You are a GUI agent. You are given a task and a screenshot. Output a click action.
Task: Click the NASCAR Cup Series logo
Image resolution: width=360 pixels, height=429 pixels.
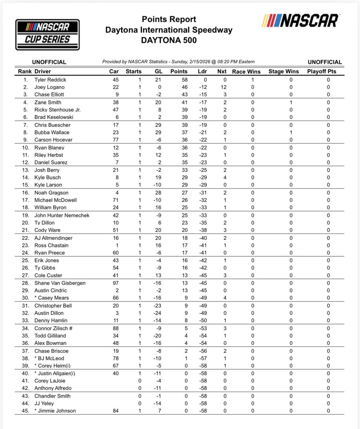tap(47, 34)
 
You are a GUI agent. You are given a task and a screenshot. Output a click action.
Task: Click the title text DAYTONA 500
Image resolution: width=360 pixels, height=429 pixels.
tap(169, 40)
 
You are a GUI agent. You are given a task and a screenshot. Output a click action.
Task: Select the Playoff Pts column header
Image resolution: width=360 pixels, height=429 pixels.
tap(321, 71)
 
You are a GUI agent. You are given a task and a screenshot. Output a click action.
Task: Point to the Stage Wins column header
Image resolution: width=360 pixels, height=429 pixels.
tap(284, 71)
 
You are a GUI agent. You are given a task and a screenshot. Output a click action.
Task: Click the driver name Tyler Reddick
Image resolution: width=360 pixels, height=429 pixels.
tap(50, 80)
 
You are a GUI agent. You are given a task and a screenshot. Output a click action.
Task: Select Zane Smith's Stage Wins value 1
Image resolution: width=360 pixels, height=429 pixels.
tap(291, 103)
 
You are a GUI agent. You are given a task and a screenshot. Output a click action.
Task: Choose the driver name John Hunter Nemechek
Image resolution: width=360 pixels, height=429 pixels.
tap(62, 215)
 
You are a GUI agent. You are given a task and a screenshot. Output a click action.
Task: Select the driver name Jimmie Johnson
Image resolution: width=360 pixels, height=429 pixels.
tap(57, 411)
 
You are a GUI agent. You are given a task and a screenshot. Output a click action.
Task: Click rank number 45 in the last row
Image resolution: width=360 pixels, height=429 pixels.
tap(26, 411)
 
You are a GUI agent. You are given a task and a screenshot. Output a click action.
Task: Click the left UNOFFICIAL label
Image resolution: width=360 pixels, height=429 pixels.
tap(49, 62)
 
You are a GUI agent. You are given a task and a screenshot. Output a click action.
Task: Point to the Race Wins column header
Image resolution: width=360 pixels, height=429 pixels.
tap(246, 71)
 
